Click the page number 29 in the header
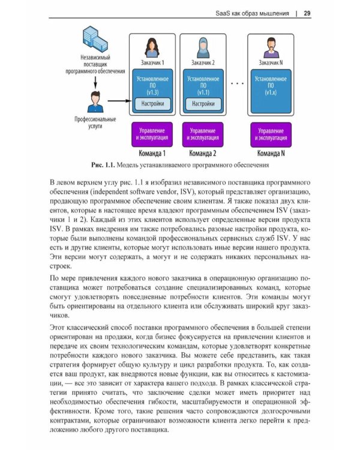[x=307, y=13]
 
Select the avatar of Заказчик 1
[x=152, y=47]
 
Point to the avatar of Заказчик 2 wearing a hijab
[x=203, y=47]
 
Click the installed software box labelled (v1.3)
[x=152, y=84]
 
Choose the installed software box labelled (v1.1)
[x=203, y=84]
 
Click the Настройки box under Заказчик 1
[x=152, y=104]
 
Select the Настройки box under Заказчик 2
[x=203, y=104]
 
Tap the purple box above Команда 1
[x=152, y=134]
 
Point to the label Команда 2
[x=203, y=152]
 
